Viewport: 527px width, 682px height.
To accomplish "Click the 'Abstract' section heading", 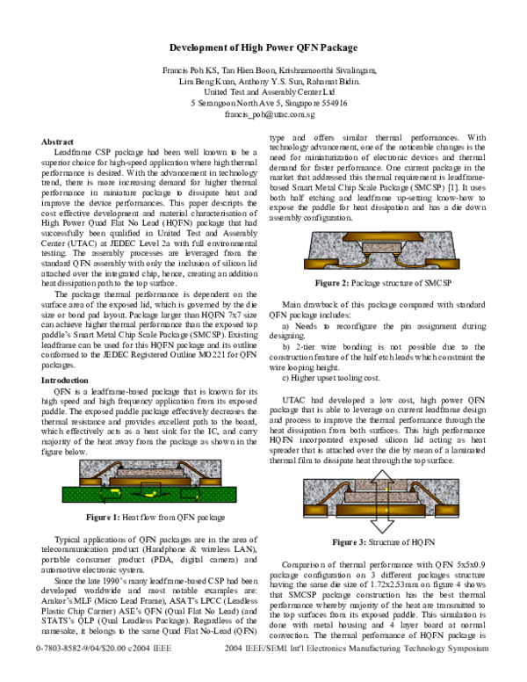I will coord(58,141).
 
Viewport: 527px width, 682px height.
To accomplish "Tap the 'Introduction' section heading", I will coord(67,380).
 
